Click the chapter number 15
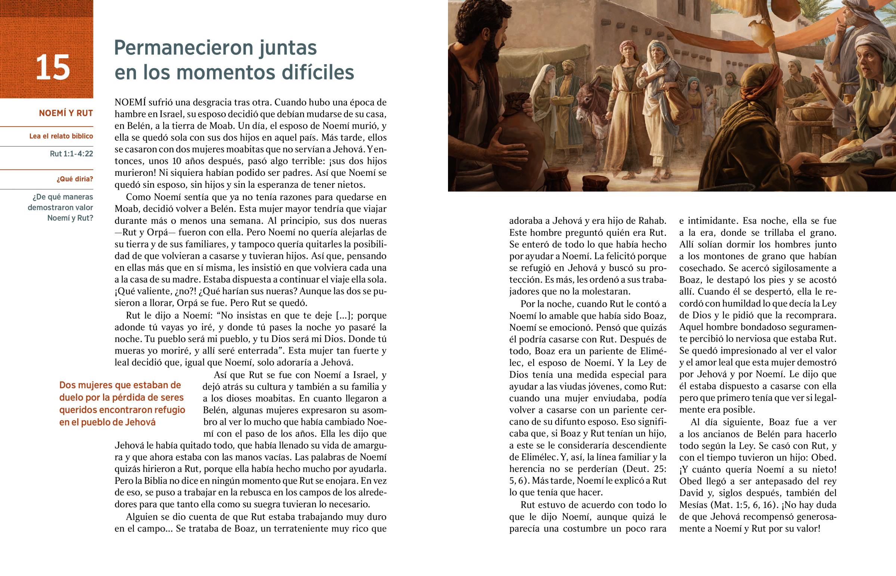53,68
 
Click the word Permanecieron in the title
184,48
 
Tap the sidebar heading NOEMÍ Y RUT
66,113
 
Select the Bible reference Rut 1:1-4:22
71,154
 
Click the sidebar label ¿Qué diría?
75,179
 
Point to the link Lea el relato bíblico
61,136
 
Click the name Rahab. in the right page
652,221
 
